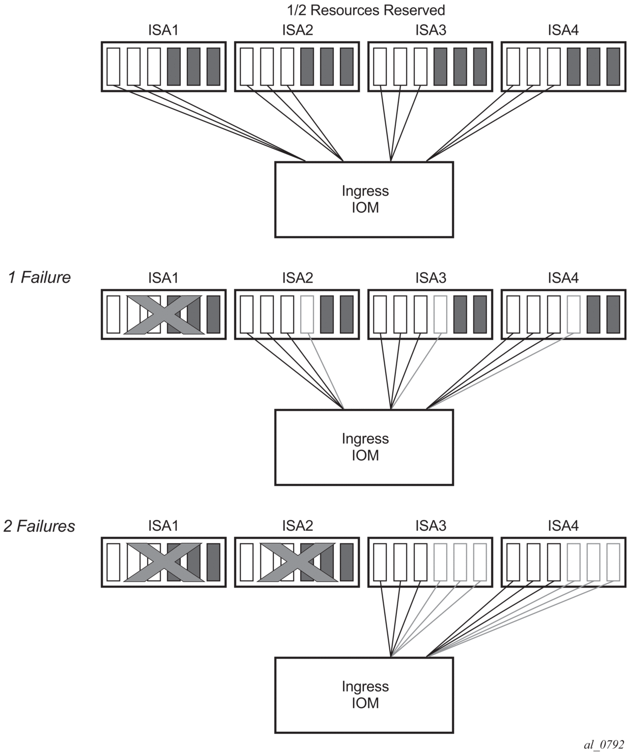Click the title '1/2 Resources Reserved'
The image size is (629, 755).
point(366,10)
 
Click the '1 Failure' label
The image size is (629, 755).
point(39,277)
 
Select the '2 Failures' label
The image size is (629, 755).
point(39,526)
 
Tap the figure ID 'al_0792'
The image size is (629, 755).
point(604,744)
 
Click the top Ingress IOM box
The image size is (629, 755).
point(364,199)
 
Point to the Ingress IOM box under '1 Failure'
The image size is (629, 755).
point(364,447)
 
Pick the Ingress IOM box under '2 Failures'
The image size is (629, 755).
point(364,695)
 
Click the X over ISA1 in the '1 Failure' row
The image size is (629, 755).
point(163,314)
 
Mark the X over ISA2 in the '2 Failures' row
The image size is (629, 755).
point(297,562)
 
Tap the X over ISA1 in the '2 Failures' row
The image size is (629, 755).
point(163,562)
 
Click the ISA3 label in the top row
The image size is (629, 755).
point(431,30)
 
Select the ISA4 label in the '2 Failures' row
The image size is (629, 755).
point(563,526)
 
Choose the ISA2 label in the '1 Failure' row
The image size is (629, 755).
point(297,278)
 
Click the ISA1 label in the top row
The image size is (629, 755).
point(163,30)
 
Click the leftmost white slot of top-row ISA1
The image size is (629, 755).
point(114,67)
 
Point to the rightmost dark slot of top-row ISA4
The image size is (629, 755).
point(613,67)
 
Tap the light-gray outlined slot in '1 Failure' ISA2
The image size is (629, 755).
point(307,314)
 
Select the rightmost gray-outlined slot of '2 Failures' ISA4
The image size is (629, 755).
point(613,562)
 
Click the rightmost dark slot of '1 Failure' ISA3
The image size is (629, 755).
point(480,314)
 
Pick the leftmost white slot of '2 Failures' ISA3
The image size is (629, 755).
point(380,562)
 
